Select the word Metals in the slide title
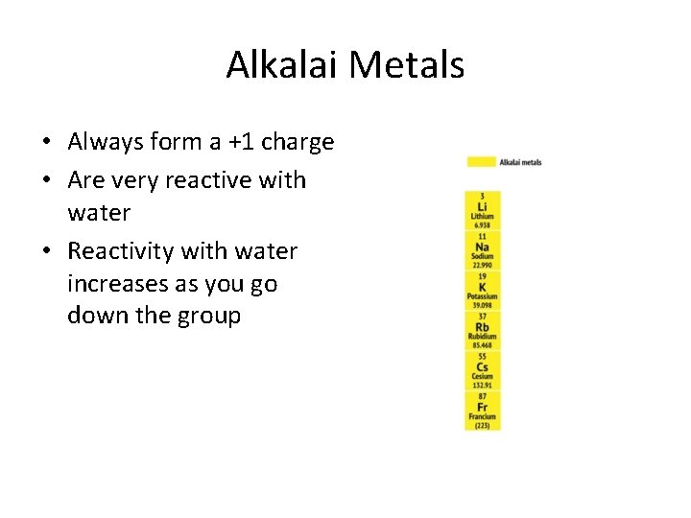coord(407,65)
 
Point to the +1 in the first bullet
coord(244,143)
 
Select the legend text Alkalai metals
coord(520,162)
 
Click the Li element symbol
coord(482,207)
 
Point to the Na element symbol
coord(482,247)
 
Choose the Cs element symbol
coord(482,367)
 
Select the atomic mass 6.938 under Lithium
coord(482,225)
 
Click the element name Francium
coord(482,417)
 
